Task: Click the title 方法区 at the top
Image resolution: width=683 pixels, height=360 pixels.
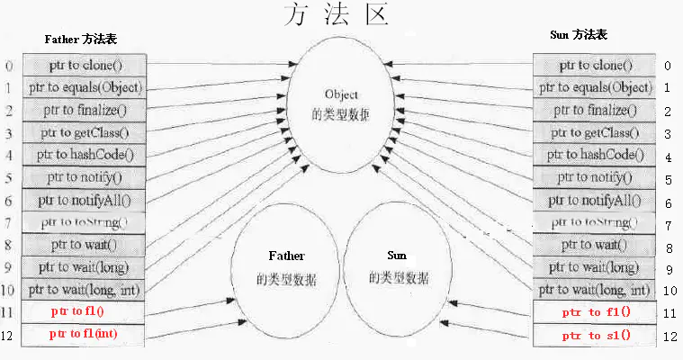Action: click(x=335, y=15)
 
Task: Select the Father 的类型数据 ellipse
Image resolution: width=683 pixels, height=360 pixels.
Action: click(x=284, y=268)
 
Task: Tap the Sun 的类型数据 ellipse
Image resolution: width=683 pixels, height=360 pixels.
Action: click(x=398, y=268)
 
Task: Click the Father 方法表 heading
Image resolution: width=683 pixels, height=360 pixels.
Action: click(x=80, y=40)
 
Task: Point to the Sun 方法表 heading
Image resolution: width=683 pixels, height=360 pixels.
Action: click(x=578, y=35)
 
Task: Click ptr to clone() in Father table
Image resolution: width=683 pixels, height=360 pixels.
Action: click(x=84, y=66)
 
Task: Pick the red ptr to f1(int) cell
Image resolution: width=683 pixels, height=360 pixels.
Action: click(x=84, y=335)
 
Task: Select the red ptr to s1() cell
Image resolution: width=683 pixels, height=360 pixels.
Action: click(x=596, y=336)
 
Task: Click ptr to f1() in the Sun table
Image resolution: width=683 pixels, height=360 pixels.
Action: click(x=596, y=312)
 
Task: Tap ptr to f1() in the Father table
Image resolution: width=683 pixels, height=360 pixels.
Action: click(x=84, y=312)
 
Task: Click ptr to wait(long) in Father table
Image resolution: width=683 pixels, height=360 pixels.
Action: click(x=84, y=267)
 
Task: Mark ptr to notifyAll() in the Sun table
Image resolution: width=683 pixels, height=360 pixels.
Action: click(x=596, y=201)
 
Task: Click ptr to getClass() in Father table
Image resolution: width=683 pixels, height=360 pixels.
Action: click(x=84, y=133)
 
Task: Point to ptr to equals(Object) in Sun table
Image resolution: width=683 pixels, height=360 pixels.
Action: click(x=596, y=88)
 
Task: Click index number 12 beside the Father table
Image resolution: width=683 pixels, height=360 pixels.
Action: click(x=9, y=336)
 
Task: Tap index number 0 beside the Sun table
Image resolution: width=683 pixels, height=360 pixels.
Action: click(x=668, y=66)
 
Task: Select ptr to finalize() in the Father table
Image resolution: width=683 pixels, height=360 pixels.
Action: click(x=84, y=111)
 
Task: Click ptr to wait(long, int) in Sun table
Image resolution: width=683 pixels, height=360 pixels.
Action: click(x=596, y=290)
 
